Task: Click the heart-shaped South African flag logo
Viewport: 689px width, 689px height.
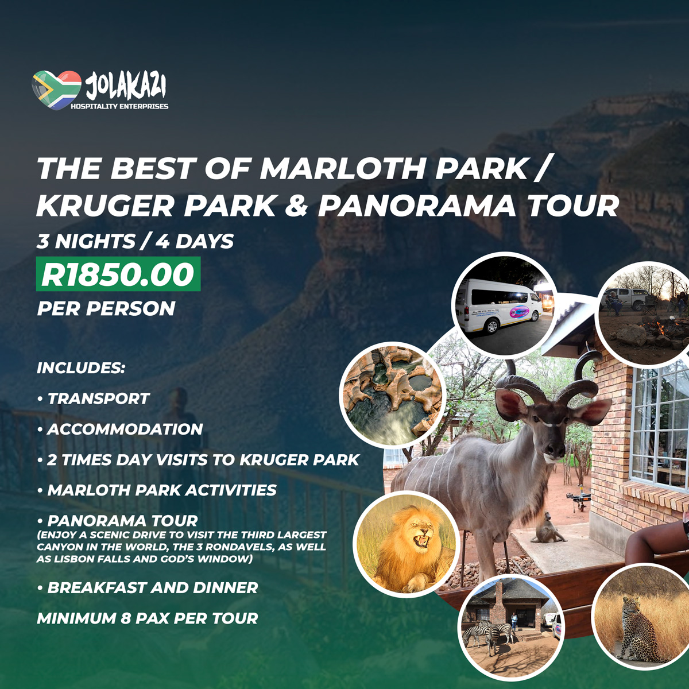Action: pyautogui.click(x=56, y=90)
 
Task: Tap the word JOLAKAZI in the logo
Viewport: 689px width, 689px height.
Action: pyautogui.click(x=126, y=87)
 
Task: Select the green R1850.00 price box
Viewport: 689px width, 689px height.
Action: pyautogui.click(x=118, y=274)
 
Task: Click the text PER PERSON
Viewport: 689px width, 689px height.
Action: pyautogui.click(x=106, y=308)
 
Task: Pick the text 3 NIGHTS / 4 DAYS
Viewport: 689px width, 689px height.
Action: pyautogui.click(x=135, y=241)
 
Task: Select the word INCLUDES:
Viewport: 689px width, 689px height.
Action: pyautogui.click(x=81, y=368)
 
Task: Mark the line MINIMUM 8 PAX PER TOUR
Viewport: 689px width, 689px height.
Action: pyautogui.click(x=148, y=618)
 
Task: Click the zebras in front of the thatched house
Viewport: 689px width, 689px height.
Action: pyautogui.click(x=488, y=634)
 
